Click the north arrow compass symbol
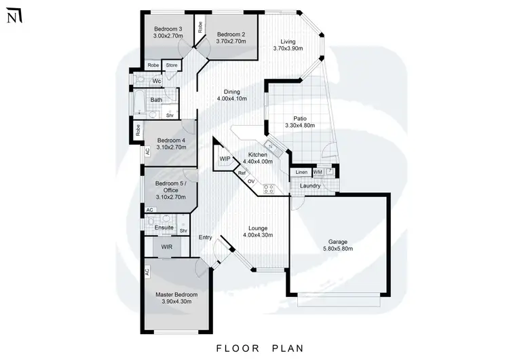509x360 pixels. coord(12,16)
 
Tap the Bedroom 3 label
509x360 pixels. coord(168,29)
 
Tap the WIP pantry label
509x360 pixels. coord(225,159)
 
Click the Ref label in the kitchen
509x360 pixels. coord(242,174)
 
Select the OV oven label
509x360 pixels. coord(250,181)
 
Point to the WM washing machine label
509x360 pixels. coord(318,173)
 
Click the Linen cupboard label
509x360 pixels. coord(301,173)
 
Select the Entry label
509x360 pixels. coord(205,237)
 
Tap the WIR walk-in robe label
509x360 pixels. coord(167,247)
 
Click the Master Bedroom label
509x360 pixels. coord(176,294)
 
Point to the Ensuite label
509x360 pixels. coord(164,227)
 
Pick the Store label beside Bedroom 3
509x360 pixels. coord(172,65)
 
